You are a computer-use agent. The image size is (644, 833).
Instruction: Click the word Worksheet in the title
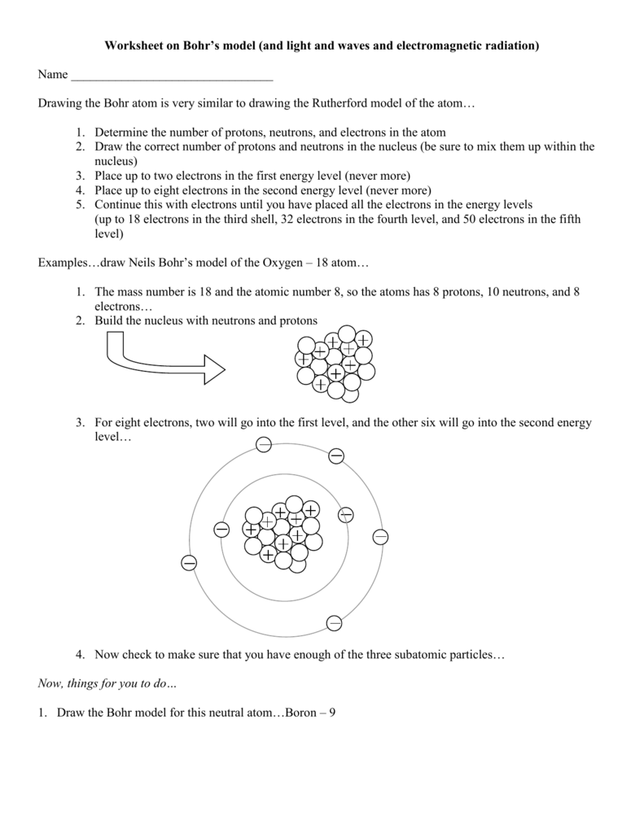point(133,47)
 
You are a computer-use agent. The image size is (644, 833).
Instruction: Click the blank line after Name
point(172,76)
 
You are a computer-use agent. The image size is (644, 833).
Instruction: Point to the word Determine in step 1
point(121,133)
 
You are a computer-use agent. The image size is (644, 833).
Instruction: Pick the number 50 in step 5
point(463,220)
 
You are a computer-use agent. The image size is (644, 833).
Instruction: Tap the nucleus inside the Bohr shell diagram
point(283,533)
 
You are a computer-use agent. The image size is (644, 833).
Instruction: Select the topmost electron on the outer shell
point(263,444)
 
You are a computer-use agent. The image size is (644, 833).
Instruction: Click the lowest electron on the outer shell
point(334,623)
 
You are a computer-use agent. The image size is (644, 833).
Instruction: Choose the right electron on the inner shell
point(345,515)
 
